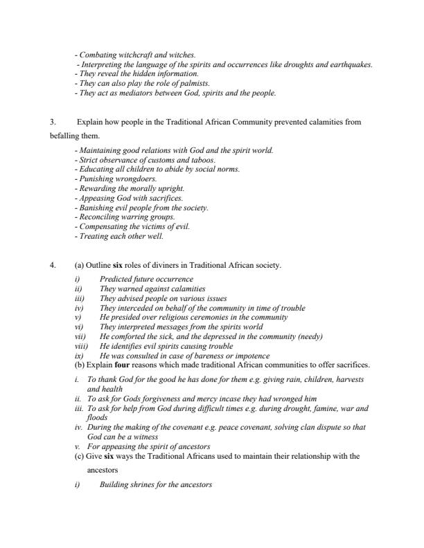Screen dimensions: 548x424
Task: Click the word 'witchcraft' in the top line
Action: point(131,54)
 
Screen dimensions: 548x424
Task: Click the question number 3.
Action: point(52,122)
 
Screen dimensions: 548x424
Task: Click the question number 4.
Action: point(52,265)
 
